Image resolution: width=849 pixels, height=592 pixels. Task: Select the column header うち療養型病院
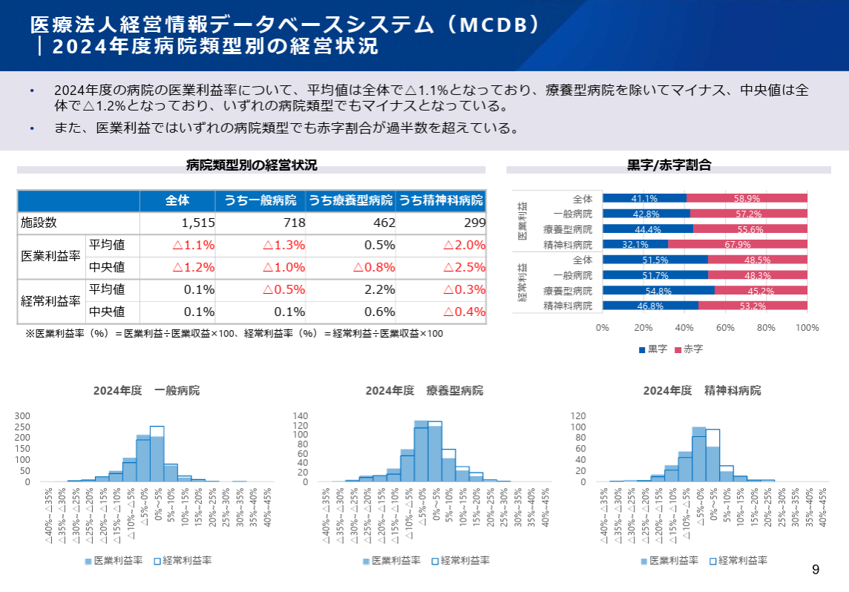350,201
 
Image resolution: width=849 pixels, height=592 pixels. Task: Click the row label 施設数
39,223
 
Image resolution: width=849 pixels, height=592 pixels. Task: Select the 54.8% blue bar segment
658,291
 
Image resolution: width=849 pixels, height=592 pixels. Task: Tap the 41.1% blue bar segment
644,199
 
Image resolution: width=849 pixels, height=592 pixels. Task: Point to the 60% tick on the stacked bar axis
725,327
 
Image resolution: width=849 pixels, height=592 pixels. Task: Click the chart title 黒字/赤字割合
669,165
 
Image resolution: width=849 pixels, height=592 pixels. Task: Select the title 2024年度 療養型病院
424,390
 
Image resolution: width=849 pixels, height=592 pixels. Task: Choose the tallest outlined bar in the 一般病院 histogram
157,454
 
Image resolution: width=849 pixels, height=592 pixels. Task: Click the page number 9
816,570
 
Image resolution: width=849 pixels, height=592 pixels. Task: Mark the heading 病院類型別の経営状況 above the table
252,165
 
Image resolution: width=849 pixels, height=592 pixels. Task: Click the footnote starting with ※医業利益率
235,334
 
